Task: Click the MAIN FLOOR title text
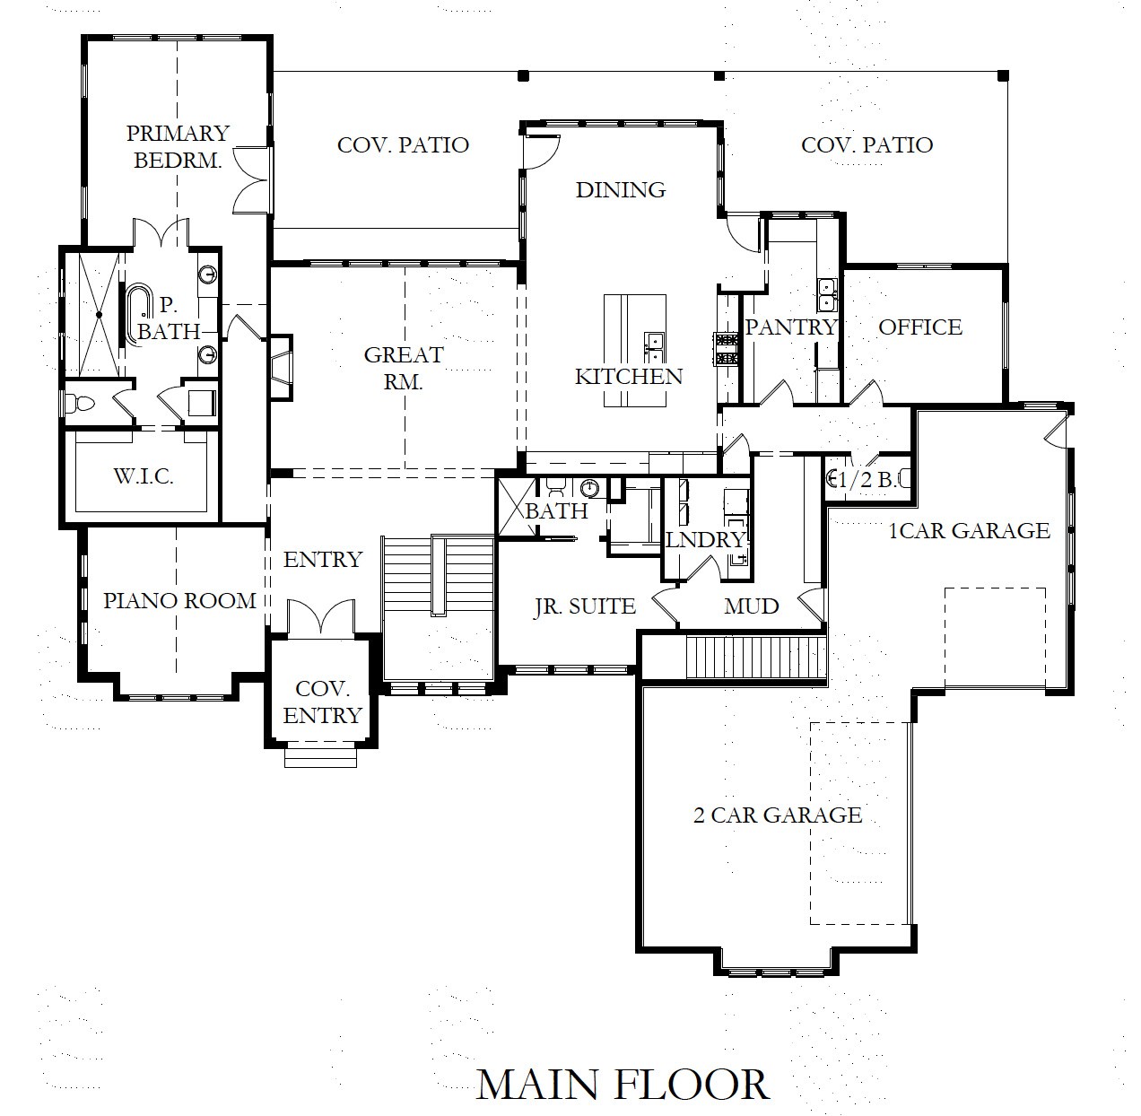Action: pos(623,1084)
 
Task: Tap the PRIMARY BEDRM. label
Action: pos(178,147)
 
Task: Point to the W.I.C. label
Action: pos(144,476)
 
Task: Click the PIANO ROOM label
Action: pos(179,600)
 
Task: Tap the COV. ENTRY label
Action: pos(322,702)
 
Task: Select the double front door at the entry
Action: pos(321,618)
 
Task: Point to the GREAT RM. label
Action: pos(403,368)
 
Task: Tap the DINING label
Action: pos(621,190)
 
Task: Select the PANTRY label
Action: pos(791,327)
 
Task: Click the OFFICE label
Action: pos(920,327)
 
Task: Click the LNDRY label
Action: pos(706,540)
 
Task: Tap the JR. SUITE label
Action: pos(585,607)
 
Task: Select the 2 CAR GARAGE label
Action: pos(778,815)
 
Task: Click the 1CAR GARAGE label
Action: pos(969,531)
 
